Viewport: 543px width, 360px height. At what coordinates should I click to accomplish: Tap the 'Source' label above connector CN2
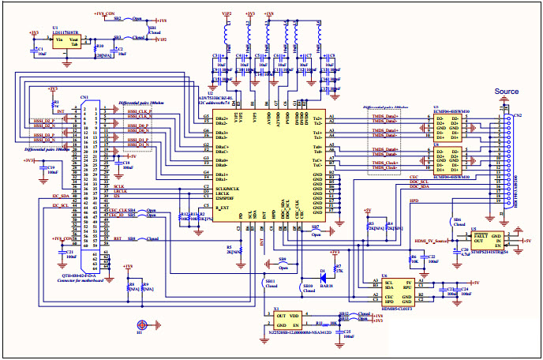(506, 92)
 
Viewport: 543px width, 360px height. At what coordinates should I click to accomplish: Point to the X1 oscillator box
(289, 321)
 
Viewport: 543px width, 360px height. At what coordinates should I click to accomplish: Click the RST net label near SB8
(117, 238)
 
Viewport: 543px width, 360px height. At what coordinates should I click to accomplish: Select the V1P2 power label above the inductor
(227, 14)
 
